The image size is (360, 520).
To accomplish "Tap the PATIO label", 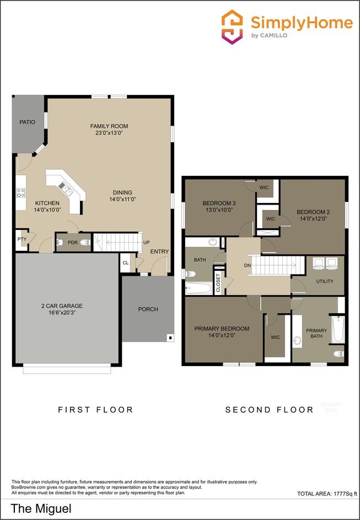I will pos(28,122).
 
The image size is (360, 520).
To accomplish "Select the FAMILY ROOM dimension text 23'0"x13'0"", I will pos(109,133).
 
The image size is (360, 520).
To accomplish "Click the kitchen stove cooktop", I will pos(21,192).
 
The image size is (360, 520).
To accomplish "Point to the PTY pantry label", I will pos(22,239).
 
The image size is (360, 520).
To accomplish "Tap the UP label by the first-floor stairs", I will pos(146,243).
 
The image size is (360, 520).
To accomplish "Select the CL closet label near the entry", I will pos(126,263).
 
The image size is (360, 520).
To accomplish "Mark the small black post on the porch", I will pos(170,337).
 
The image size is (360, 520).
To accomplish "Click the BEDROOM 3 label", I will pos(219,203).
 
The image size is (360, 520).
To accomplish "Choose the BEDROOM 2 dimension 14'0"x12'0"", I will pos(313,219).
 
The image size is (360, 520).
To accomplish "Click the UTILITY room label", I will pos(325,281).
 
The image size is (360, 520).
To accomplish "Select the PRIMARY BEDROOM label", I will pos(222,329).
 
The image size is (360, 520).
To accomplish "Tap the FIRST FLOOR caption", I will pos(95,410).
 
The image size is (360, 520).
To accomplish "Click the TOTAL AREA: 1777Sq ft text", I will pos(327,494).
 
